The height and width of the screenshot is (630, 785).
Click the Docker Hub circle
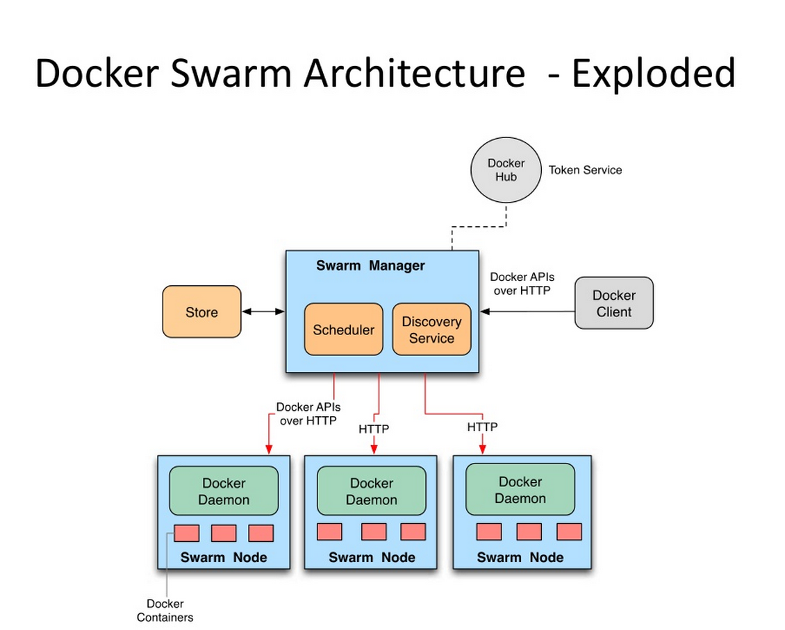[506, 171]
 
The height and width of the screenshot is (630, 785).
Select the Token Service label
[585, 170]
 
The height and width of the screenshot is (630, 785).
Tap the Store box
[201, 312]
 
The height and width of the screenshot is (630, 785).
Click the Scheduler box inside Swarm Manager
[343, 330]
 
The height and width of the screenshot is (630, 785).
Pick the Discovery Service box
[431, 330]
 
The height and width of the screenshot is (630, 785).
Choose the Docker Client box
[613, 303]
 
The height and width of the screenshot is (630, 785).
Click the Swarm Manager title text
[370, 266]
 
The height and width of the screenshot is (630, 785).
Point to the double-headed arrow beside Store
[263, 312]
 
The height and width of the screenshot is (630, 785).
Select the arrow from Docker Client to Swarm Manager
[528, 312]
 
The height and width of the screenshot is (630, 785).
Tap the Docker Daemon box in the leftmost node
[224, 491]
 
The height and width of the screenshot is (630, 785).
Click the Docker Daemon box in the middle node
[372, 491]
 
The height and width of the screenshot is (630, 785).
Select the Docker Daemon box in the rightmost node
[520, 490]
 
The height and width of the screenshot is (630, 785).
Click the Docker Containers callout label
[165, 611]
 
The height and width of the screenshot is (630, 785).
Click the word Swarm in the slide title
[215, 73]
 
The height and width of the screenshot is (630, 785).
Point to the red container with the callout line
[186, 533]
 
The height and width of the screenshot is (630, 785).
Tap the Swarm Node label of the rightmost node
[520, 557]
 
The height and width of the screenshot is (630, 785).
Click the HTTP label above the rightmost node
[482, 427]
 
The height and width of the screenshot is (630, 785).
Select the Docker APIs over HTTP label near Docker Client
[522, 284]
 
